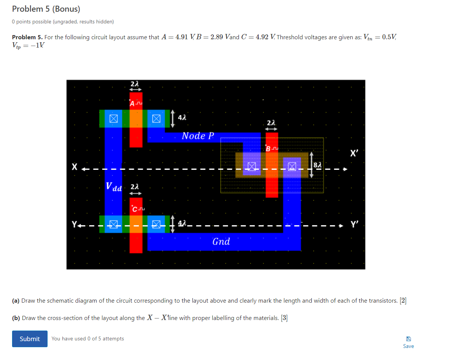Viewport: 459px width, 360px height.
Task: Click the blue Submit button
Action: click(x=29, y=338)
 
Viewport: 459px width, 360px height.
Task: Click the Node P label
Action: click(x=198, y=136)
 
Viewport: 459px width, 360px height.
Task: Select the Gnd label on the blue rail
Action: click(x=221, y=242)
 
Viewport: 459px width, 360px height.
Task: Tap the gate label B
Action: click(x=268, y=149)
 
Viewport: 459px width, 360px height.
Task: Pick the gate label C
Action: click(x=134, y=209)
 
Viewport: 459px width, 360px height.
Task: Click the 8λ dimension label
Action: click(x=318, y=165)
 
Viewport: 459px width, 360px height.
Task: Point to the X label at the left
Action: click(x=75, y=166)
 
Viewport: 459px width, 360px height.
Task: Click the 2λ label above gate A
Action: click(x=135, y=84)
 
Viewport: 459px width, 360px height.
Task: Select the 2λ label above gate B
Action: click(x=271, y=123)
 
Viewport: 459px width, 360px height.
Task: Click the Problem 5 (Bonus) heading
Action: click(x=46, y=9)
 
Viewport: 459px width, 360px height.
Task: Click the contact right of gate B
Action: click(x=292, y=166)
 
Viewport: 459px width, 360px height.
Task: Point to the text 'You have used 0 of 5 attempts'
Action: click(x=88, y=338)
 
